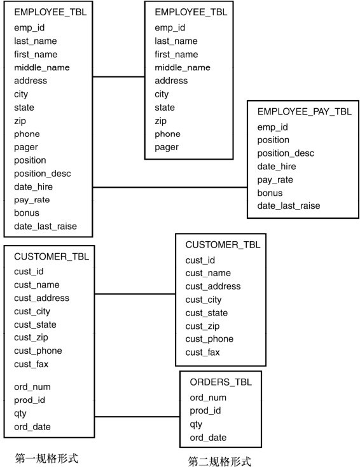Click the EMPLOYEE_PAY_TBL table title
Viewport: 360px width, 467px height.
(304, 112)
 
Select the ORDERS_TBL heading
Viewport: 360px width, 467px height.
(221, 382)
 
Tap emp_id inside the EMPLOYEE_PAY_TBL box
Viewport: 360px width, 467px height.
(272, 127)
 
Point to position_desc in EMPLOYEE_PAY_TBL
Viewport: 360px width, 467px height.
(286, 153)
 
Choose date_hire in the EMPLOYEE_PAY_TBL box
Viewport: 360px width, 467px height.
(277, 167)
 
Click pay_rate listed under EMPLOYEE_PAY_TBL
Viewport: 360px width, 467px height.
(275, 180)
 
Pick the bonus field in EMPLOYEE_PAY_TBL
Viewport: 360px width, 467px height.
(270, 193)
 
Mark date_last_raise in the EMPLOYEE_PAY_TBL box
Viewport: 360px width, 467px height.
(289, 206)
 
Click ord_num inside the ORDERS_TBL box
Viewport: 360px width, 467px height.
(208, 398)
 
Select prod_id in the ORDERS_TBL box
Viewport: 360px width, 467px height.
(205, 411)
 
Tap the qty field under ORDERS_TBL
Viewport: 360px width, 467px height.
(196, 424)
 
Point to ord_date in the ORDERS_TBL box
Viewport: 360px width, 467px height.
(208, 438)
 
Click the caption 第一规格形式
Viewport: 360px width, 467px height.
(46, 458)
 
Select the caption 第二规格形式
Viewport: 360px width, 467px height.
(219, 461)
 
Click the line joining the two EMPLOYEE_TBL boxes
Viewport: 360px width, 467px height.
(118, 77)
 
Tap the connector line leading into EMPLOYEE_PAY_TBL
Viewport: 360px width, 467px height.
(170, 187)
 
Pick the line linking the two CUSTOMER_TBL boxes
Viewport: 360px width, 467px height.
(135, 294)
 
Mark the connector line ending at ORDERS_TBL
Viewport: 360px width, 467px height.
(137, 417)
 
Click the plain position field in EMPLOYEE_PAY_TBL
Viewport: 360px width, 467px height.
(273, 140)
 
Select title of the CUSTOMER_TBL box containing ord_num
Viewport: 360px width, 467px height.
(52, 257)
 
